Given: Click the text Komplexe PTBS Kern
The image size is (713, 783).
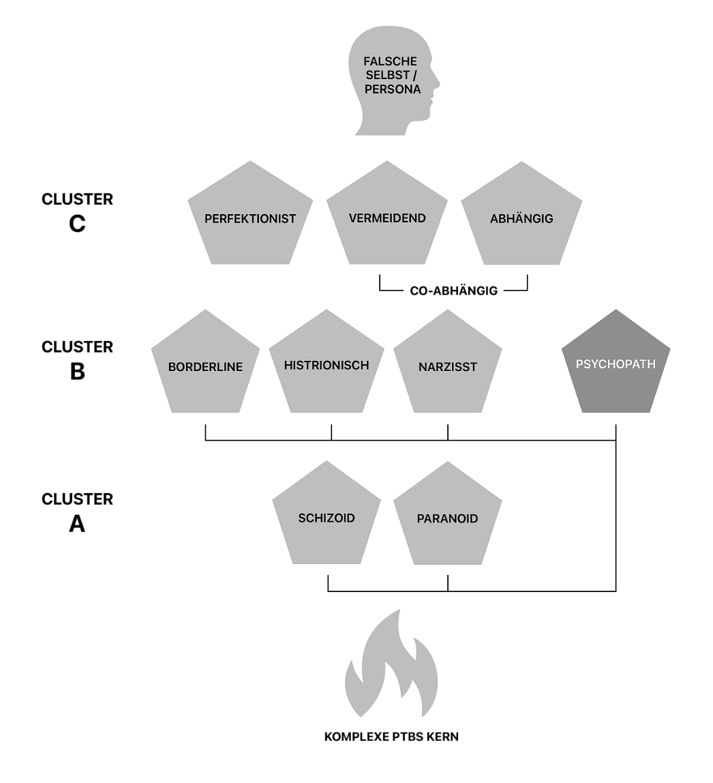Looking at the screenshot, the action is [x=391, y=737].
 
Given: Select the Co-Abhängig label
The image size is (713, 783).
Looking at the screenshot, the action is [x=453, y=291].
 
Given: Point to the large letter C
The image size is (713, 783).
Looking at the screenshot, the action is [x=77, y=223].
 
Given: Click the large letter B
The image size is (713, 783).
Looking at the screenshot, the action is [x=77, y=372].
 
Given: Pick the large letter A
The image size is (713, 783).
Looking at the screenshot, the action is [x=77, y=524].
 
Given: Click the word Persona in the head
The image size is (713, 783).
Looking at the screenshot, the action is [x=393, y=89].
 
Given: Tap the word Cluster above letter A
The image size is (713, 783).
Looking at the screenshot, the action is [x=77, y=499].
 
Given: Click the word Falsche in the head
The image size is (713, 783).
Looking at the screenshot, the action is [x=390, y=61].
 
